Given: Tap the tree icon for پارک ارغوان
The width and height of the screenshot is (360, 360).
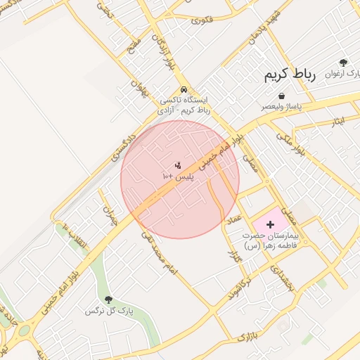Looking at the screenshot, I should pyautogui.click(x=343, y=63).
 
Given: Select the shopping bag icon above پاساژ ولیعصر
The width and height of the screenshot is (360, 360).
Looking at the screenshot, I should pyautogui.click(x=281, y=96).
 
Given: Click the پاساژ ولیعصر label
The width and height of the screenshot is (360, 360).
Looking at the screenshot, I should pyautogui.click(x=281, y=106).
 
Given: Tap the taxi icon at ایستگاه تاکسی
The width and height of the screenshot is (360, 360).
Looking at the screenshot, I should pyautogui.click(x=184, y=90).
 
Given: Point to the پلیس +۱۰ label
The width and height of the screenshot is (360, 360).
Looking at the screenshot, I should pyautogui.click(x=177, y=176).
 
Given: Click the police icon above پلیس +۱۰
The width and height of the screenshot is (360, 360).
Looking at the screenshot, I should pyautogui.click(x=177, y=166).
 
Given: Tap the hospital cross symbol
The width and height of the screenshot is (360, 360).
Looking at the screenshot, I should pyautogui.click(x=271, y=223).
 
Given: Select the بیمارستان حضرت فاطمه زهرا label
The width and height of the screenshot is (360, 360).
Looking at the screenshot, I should pyautogui.click(x=271, y=240).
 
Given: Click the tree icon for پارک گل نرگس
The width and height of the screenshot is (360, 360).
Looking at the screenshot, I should pyautogui.click(x=108, y=300).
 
